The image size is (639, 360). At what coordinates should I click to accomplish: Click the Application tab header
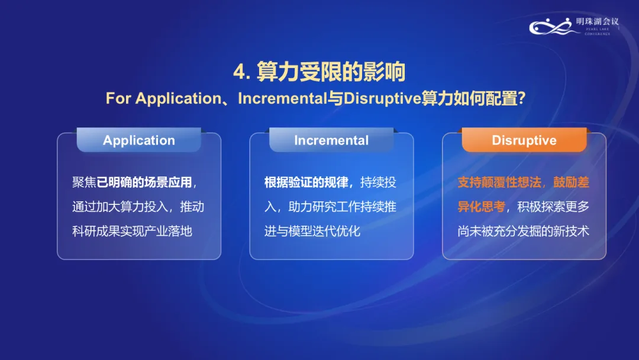tap(139, 140)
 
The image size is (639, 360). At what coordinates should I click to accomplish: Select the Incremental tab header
tap(331, 140)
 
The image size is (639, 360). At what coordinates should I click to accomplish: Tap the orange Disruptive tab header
tap(524, 140)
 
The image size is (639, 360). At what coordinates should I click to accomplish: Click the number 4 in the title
tap(239, 72)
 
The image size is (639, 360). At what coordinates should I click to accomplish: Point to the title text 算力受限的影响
tap(331, 72)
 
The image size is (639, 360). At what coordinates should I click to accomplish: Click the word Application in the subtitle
tap(178, 99)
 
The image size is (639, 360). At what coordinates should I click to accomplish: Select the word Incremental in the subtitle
tap(282, 98)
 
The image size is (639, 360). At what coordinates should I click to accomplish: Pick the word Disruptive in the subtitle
tap(382, 98)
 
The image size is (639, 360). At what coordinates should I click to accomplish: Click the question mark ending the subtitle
tap(521, 98)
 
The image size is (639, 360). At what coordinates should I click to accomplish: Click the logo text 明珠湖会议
tap(597, 21)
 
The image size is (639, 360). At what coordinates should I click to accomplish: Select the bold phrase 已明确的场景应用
tap(144, 182)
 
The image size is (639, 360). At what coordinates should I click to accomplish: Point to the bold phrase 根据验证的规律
tap(306, 182)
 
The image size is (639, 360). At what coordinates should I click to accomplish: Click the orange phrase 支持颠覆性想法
tap(499, 182)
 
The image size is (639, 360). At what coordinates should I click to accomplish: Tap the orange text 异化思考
tap(481, 207)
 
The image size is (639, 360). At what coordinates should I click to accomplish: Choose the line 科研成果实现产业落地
tap(132, 231)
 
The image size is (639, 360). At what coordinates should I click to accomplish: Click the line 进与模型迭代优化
tap(312, 231)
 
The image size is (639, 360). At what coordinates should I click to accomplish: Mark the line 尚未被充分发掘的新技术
tap(523, 231)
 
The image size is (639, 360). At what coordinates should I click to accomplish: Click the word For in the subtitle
tap(118, 99)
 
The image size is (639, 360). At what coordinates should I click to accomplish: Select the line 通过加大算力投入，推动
tap(138, 207)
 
